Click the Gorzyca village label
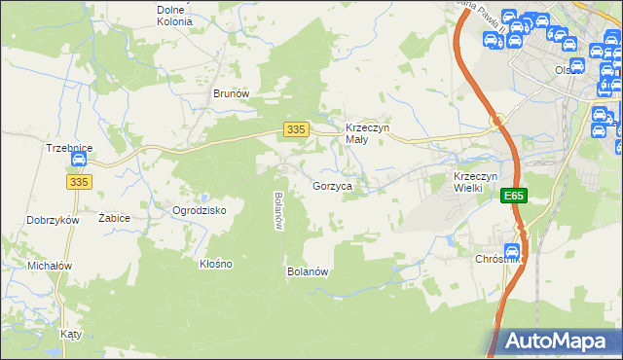pos(331,185)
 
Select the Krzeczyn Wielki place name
pos(476,182)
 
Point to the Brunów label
pos(232,93)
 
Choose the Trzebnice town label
pos(69,148)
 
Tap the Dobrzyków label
pos(53,221)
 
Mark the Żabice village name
pos(114,219)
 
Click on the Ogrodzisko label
pos(199,210)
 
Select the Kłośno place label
pos(215,264)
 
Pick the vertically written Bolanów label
pos(278,210)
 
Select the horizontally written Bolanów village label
pos(307,271)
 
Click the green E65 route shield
pos(515,197)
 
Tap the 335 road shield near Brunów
pos(298,129)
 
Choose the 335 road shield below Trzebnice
pos(80,182)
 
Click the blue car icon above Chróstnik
pos(512,250)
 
